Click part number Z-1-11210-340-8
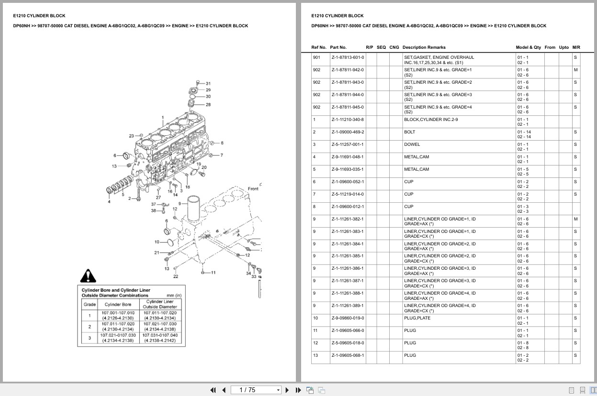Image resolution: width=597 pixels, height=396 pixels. (348, 120)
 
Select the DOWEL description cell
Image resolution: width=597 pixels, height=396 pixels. (412, 144)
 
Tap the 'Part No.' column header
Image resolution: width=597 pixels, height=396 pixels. (338, 47)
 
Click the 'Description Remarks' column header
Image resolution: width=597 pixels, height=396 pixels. (424, 47)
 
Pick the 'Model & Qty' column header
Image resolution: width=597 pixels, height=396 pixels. (528, 47)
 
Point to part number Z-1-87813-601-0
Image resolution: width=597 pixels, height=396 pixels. (348, 57)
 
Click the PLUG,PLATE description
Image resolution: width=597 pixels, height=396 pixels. (417, 318)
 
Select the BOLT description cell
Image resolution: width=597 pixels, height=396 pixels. (409, 132)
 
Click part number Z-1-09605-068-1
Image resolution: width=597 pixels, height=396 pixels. (348, 355)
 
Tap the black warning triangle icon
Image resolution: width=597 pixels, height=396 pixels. (88, 276)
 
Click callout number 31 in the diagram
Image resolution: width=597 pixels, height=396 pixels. (208, 84)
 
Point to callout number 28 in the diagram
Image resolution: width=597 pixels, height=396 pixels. (208, 104)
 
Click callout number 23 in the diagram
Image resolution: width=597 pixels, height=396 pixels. (131, 136)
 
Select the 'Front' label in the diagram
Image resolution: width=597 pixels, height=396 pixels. (253, 189)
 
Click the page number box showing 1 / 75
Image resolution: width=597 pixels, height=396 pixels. (256, 390)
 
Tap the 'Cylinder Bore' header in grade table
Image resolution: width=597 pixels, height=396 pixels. (118, 304)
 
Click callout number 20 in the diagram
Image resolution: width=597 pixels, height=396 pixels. (204, 167)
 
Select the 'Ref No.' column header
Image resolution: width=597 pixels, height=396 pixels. (319, 47)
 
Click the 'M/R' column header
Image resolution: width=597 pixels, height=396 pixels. (576, 47)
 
